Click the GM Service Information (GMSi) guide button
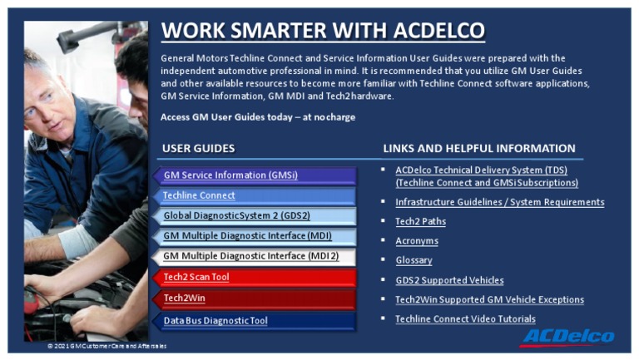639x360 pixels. point(230,175)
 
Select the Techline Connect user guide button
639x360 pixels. point(199,195)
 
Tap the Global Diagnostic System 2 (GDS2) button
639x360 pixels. point(236,215)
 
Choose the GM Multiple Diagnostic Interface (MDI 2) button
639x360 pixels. point(250,256)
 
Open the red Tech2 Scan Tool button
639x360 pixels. point(196,277)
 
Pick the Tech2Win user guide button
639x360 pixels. point(185,298)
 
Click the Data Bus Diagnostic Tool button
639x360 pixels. point(215,320)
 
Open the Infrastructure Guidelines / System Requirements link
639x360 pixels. point(499,202)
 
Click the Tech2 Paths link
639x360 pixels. point(420,221)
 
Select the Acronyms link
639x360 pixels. point(416,241)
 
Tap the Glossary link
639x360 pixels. point(414,260)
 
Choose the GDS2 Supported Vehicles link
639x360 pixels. point(449,280)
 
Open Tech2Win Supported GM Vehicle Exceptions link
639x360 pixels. point(489,299)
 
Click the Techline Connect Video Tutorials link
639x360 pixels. point(465,319)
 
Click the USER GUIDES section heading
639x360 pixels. point(198,149)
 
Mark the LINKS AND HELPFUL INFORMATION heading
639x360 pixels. point(478,149)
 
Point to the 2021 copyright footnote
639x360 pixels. point(106,346)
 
